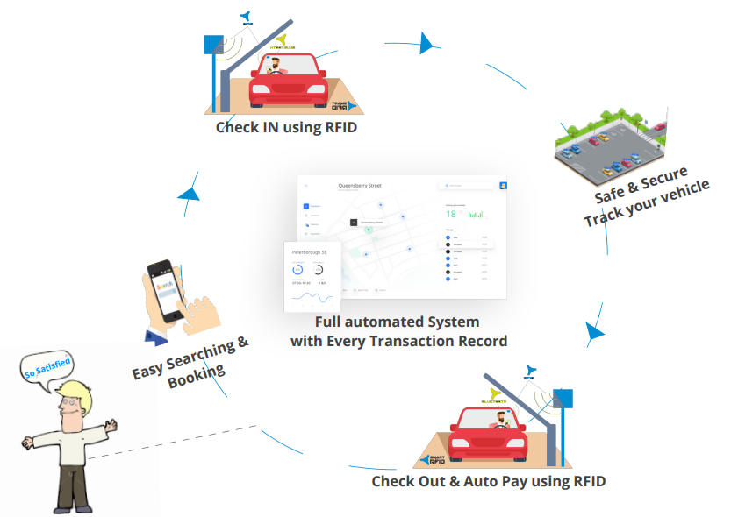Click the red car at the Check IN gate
tap(284, 81)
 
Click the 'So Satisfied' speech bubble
tap(45, 365)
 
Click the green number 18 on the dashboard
tap(450, 213)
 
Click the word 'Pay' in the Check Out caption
tap(519, 481)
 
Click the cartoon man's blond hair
tap(71, 393)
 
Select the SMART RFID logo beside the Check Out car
tap(436, 459)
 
